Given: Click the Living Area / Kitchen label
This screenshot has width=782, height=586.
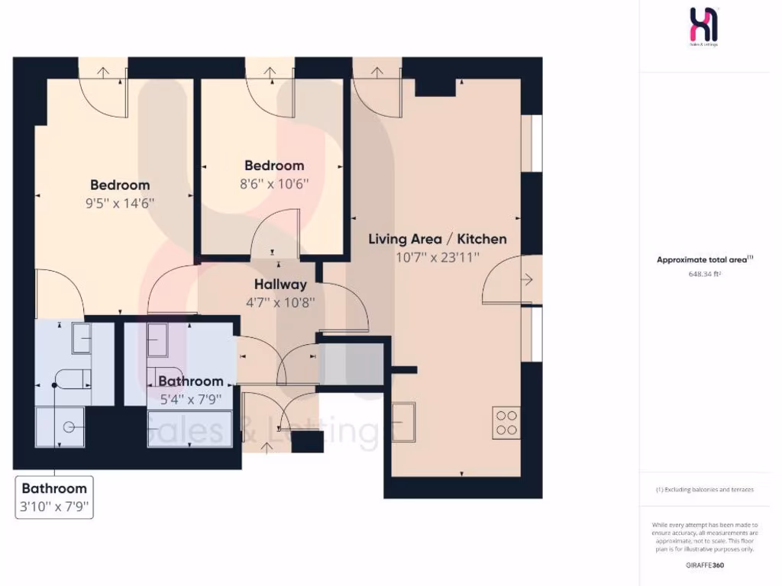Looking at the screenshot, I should pos(437,239).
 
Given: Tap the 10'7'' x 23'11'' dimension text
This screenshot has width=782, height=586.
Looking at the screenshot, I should pos(437,257).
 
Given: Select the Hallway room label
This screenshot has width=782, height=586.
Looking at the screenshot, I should pos(280,284).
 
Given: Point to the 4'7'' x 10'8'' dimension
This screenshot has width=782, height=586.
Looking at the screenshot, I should pos(280,301).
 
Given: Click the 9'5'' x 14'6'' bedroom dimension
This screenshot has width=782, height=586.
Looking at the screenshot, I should pos(120,203).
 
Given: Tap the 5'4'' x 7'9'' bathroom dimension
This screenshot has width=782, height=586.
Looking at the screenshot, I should pos(190,398).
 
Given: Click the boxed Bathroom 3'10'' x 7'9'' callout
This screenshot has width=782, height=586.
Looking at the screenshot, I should pos(54,497).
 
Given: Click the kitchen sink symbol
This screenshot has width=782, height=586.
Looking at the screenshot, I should pos(404,421).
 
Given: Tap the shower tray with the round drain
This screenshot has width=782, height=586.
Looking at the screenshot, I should pos(60,427).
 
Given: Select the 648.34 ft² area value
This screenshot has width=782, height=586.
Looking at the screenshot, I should pos(705,273).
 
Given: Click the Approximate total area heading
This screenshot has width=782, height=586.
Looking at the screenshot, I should pos(705,259).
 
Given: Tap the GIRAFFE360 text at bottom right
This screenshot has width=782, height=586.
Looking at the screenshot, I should pos(705,565).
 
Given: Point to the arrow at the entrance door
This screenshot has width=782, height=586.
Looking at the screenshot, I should pos(267,447).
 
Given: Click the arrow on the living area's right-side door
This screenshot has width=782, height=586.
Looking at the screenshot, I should pos(526,280).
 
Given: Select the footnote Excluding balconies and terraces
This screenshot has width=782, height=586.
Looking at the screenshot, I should pos(705,490).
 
